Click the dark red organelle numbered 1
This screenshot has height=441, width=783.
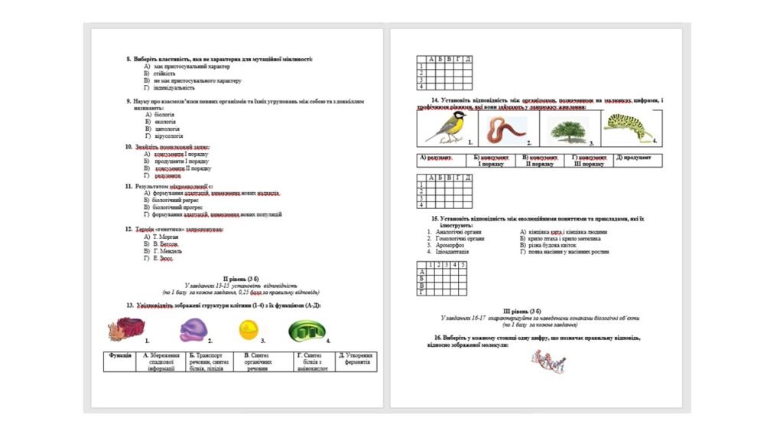click(124, 330)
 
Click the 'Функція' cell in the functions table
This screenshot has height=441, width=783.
click(120, 356)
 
